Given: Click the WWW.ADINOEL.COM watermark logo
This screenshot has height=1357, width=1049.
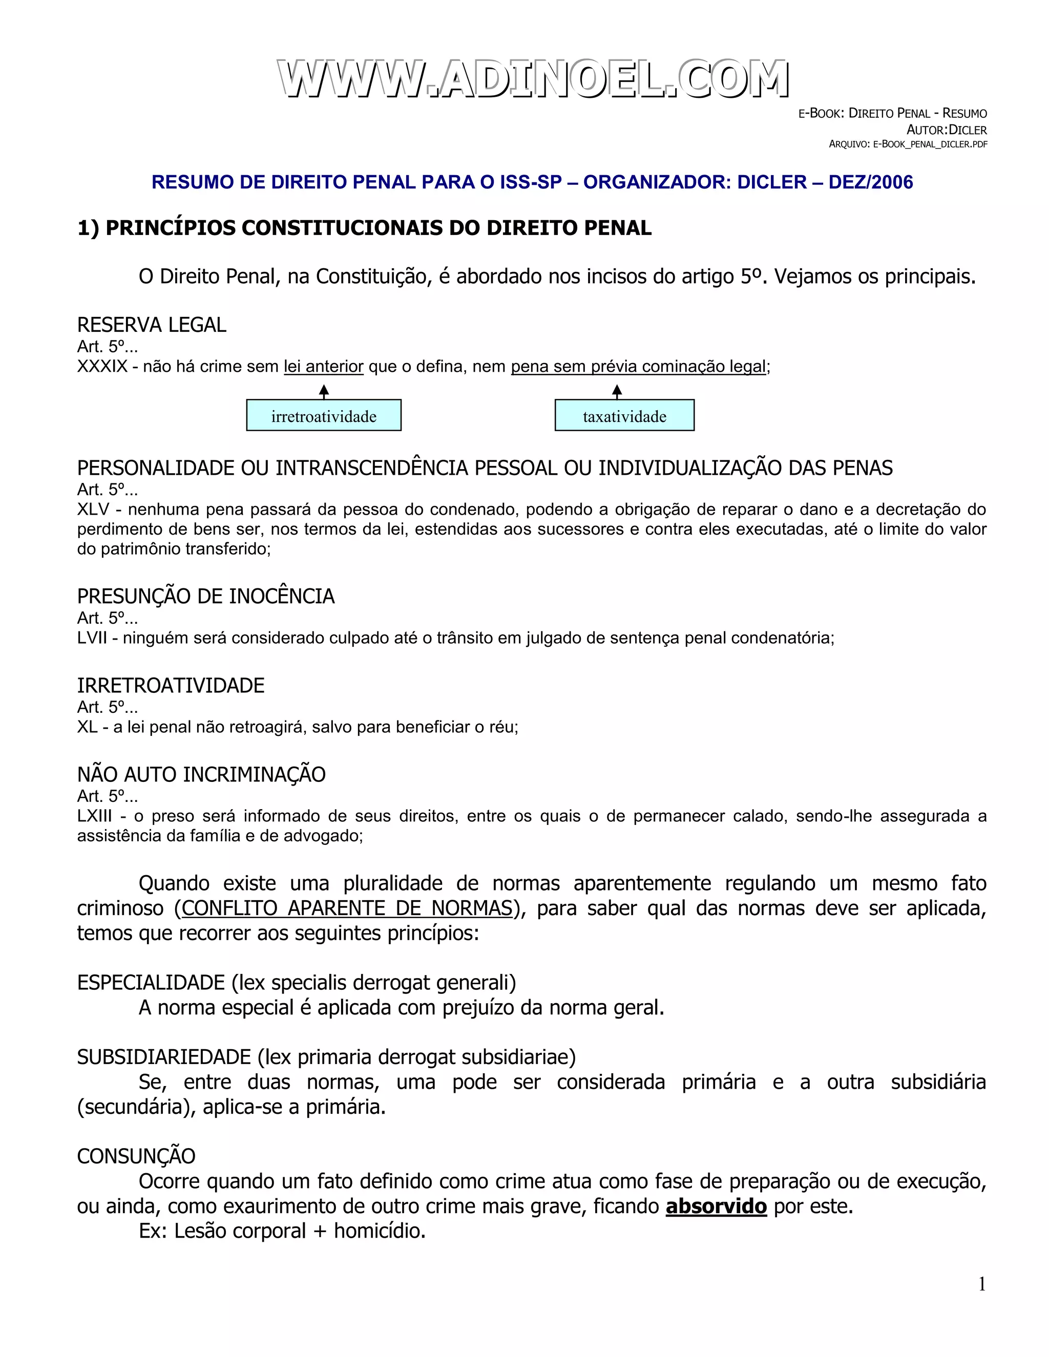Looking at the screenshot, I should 533,79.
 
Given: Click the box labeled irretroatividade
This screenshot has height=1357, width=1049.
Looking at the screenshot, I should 324,416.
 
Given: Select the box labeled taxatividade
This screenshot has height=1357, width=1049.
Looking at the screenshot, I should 624,416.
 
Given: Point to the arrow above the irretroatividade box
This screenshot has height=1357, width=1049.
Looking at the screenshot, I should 324,391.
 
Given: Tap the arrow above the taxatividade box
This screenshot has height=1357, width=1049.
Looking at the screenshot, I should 617,391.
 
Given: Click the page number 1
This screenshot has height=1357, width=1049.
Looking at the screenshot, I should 982,1284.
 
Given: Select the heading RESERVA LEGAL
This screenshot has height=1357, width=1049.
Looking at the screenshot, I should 152,325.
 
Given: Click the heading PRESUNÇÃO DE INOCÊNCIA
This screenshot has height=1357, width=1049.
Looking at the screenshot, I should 206,597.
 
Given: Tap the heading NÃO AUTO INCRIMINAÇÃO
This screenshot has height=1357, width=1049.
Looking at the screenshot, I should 201,775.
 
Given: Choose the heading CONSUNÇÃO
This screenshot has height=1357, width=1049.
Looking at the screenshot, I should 136,1156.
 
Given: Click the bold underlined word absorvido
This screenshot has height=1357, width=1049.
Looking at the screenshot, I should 716,1206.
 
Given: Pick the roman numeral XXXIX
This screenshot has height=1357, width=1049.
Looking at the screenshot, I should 102,367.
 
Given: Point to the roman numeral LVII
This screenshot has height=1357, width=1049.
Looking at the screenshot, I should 92,638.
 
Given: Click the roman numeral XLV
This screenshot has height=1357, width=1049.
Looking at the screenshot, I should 93,510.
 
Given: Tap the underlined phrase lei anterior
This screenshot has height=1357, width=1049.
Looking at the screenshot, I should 323,367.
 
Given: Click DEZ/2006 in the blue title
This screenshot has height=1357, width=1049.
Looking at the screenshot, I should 871,182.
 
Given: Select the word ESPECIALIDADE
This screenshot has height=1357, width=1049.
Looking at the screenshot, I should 151,983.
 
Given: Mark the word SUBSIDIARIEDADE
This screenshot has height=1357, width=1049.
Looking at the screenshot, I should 163,1057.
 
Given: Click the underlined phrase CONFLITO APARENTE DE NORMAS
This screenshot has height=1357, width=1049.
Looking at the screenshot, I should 347,908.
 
